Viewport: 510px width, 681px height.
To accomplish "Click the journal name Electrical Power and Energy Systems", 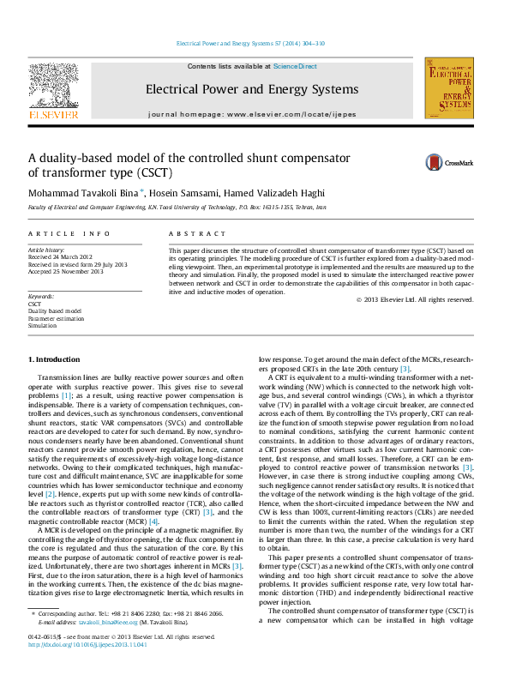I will tap(252, 89).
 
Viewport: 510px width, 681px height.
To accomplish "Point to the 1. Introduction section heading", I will tap(56, 358).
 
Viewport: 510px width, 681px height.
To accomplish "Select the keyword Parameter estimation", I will tap(55, 318).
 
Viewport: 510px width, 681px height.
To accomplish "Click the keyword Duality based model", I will tap(55, 311).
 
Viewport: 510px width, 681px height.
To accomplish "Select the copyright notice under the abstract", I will tap(414, 299).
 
